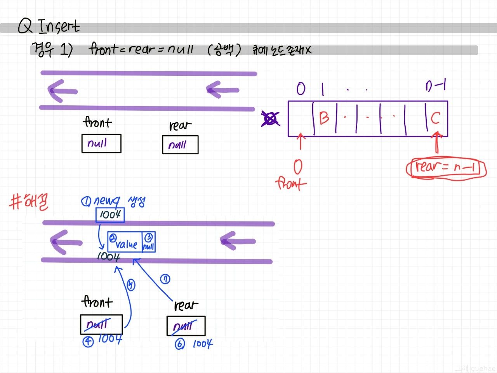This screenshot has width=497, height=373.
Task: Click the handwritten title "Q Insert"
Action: [49, 26]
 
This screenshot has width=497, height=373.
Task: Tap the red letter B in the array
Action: [324, 117]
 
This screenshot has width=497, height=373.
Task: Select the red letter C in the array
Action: [435, 117]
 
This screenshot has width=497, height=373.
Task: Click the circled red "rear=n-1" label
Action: [446, 168]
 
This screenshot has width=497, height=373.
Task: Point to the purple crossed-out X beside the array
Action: [270, 119]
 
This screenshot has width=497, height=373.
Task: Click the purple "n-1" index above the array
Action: [436, 85]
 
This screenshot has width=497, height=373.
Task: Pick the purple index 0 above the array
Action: [301, 89]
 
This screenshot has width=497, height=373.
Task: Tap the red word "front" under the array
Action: [291, 183]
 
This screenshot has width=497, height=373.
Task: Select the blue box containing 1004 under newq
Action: [110, 214]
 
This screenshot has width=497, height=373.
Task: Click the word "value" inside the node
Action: [126, 244]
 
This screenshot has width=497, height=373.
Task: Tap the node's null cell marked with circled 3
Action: [149, 242]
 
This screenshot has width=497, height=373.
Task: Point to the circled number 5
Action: [131, 285]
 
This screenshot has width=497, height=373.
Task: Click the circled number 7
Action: [165, 279]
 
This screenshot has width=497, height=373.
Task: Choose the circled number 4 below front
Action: [88, 342]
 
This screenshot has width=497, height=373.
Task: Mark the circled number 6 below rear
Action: [180, 344]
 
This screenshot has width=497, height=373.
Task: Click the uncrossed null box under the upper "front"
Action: [101, 143]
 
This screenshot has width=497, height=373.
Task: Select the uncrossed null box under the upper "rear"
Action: [180, 145]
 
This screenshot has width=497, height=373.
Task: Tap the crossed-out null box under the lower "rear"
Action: [186, 326]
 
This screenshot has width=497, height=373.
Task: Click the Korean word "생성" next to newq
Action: [137, 202]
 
